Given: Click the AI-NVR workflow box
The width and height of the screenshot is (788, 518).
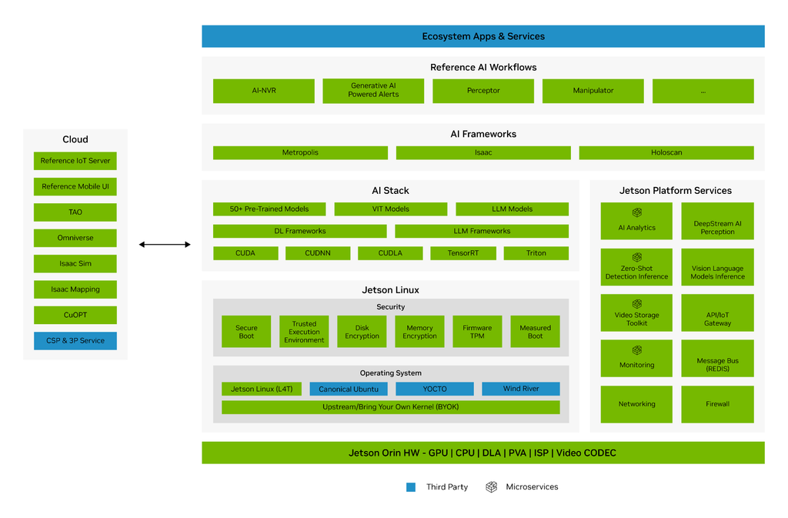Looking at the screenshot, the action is coord(264,91).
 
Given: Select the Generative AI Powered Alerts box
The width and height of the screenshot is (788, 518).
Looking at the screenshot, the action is coord(373,91).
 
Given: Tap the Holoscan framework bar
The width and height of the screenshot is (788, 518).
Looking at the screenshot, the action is coord(666,152).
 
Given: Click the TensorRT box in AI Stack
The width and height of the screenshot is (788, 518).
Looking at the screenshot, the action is coord(462,253).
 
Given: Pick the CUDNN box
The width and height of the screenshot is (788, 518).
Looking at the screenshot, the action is coord(318,253).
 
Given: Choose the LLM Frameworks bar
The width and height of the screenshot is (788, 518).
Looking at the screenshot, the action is coord(482,231).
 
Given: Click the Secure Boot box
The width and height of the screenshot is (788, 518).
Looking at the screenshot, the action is coord(246,332).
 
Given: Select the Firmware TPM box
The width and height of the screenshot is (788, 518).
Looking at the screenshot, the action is coord(477,332).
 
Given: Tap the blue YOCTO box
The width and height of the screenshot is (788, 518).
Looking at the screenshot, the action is coord(435,389).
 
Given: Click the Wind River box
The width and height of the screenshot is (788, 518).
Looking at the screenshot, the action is coord(521,389).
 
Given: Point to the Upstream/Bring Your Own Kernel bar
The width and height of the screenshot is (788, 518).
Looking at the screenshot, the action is coord(391,407).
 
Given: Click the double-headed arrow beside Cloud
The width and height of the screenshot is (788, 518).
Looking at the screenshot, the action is coord(165,245).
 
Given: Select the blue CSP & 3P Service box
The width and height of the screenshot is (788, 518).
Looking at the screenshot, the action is coord(75,341).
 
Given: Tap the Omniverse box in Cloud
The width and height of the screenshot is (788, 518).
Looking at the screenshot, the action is coord(75,238).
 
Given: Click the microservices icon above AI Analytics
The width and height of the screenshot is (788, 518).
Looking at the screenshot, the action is coord(636,212).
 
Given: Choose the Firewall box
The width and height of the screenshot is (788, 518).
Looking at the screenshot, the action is coord(718,404).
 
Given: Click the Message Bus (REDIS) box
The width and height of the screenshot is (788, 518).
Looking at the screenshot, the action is coord(718,358).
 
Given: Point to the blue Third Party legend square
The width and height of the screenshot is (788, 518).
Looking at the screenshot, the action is coord(411,487).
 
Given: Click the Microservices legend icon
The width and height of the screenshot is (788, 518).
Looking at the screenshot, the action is coord(492,487).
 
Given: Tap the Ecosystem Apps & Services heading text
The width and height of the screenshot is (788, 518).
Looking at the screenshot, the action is coord(483,37).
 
